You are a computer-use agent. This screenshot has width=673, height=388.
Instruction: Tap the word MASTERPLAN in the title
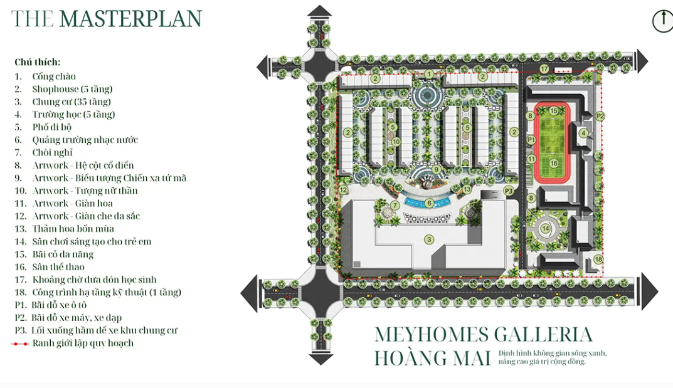pyautogui.click(x=130, y=19)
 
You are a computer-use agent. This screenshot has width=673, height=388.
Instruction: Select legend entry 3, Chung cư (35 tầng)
pyautogui.click(x=63, y=102)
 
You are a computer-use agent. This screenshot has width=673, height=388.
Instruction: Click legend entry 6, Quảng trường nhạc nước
pyautogui.click(x=76, y=140)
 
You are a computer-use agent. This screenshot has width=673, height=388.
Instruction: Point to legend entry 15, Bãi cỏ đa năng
pyautogui.click(x=54, y=254)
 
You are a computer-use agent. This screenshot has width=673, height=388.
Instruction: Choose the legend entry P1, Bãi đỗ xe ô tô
pyautogui.click(x=51, y=305)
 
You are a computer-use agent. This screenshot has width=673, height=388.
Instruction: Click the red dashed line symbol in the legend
pyautogui.click(x=19, y=344)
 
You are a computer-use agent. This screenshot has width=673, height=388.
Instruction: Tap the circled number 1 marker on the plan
pyautogui.click(x=429, y=74)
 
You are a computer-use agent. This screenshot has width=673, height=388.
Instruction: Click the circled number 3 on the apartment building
pyautogui.click(x=429, y=239)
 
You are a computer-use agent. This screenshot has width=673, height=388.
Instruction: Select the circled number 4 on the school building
pyautogui.click(x=583, y=133)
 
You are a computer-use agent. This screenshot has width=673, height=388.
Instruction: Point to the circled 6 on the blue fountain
pyautogui.click(x=429, y=203)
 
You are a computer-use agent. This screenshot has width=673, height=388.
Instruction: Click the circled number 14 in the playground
pyautogui.click(x=545, y=229)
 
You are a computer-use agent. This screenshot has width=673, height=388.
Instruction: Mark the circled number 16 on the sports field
pyautogui.click(x=554, y=164)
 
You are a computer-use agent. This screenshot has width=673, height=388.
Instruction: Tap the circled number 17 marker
pyautogui.click(x=544, y=68)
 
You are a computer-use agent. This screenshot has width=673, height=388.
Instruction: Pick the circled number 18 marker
pyautogui.click(x=598, y=260)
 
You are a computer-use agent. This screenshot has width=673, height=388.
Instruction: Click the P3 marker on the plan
pyautogui.click(x=509, y=191)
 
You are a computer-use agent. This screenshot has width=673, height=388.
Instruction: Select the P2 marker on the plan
pyautogui.click(x=600, y=116)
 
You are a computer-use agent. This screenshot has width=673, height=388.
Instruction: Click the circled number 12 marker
pyautogui.click(x=343, y=190)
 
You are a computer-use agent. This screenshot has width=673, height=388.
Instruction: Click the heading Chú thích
pyautogui.click(x=38, y=62)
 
